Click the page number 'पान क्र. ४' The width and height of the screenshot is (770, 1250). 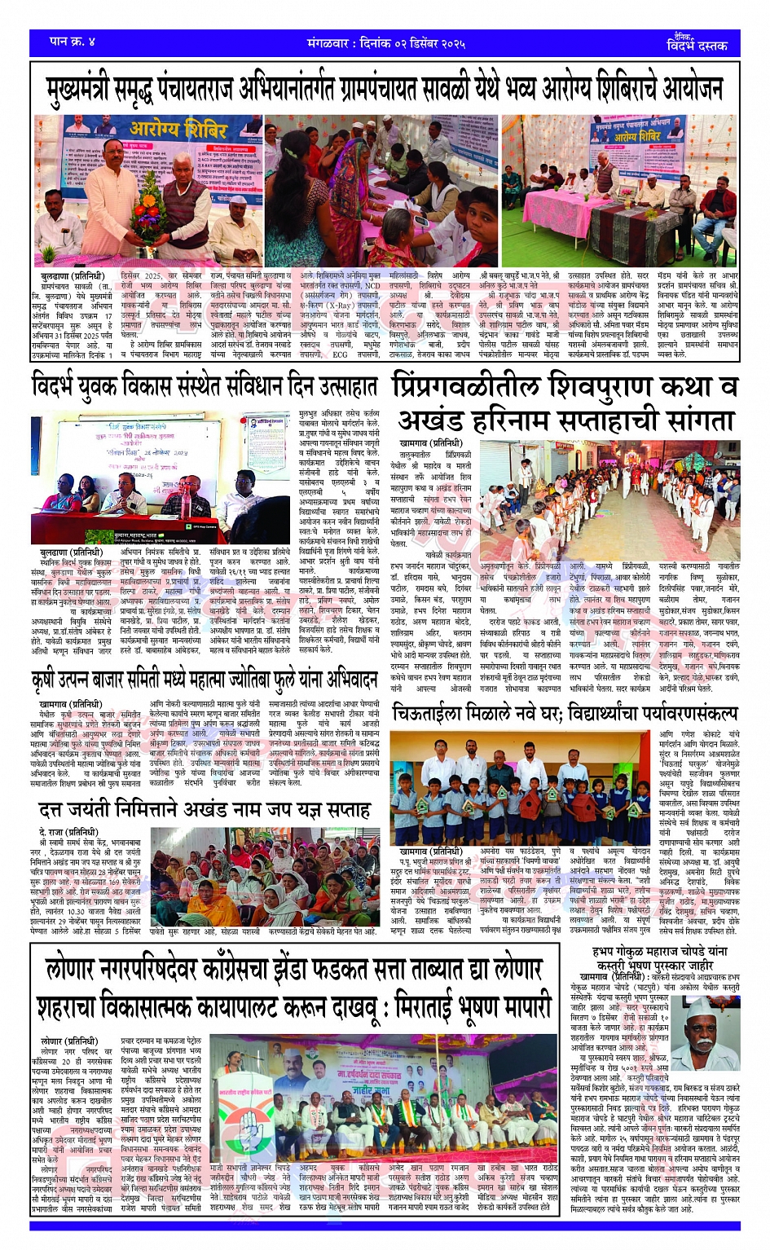(x=73, y=41)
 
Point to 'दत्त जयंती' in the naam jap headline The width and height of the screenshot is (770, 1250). (x=81, y=809)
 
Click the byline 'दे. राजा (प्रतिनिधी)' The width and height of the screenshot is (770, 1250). (x=68, y=832)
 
